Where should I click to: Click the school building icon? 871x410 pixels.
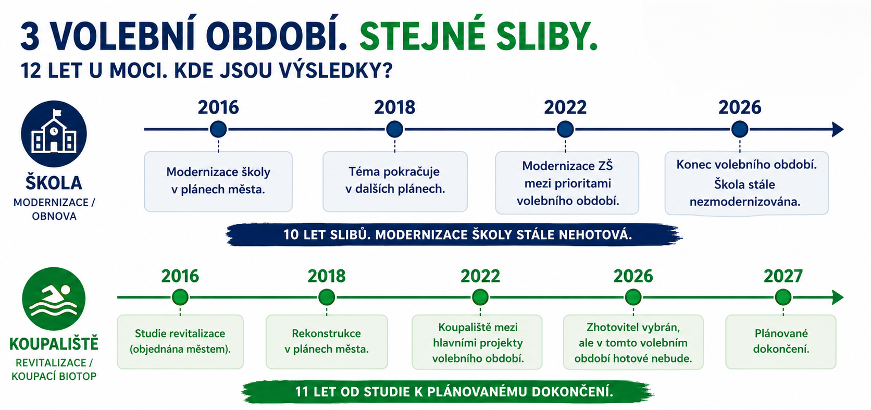(x=54, y=131)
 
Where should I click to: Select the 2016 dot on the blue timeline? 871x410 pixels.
(x=218, y=129)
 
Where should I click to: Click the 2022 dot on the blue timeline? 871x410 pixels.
(x=565, y=129)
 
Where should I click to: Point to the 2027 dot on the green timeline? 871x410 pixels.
(x=783, y=297)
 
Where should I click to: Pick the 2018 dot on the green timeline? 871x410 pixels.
(x=326, y=297)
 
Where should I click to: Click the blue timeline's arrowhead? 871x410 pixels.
(x=838, y=129)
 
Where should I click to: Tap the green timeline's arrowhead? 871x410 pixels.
(x=838, y=297)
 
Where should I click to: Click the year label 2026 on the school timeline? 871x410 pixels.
(x=740, y=107)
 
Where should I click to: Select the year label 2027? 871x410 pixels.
(x=783, y=276)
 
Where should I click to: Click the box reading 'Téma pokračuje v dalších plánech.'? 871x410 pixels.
(x=395, y=182)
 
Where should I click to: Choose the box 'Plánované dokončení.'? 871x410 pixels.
(x=781, y=342)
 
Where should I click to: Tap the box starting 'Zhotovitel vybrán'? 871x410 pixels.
(x=633, y=342)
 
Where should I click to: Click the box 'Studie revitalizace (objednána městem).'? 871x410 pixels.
(x=180, y=342)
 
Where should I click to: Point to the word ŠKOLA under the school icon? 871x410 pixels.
(x=54, y=183)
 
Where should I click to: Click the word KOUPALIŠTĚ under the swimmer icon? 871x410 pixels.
(x=54, y=344)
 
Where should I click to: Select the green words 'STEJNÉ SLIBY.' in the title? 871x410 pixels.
(x=478, y=38)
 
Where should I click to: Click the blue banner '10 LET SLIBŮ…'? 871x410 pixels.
(x=454, y=234)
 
